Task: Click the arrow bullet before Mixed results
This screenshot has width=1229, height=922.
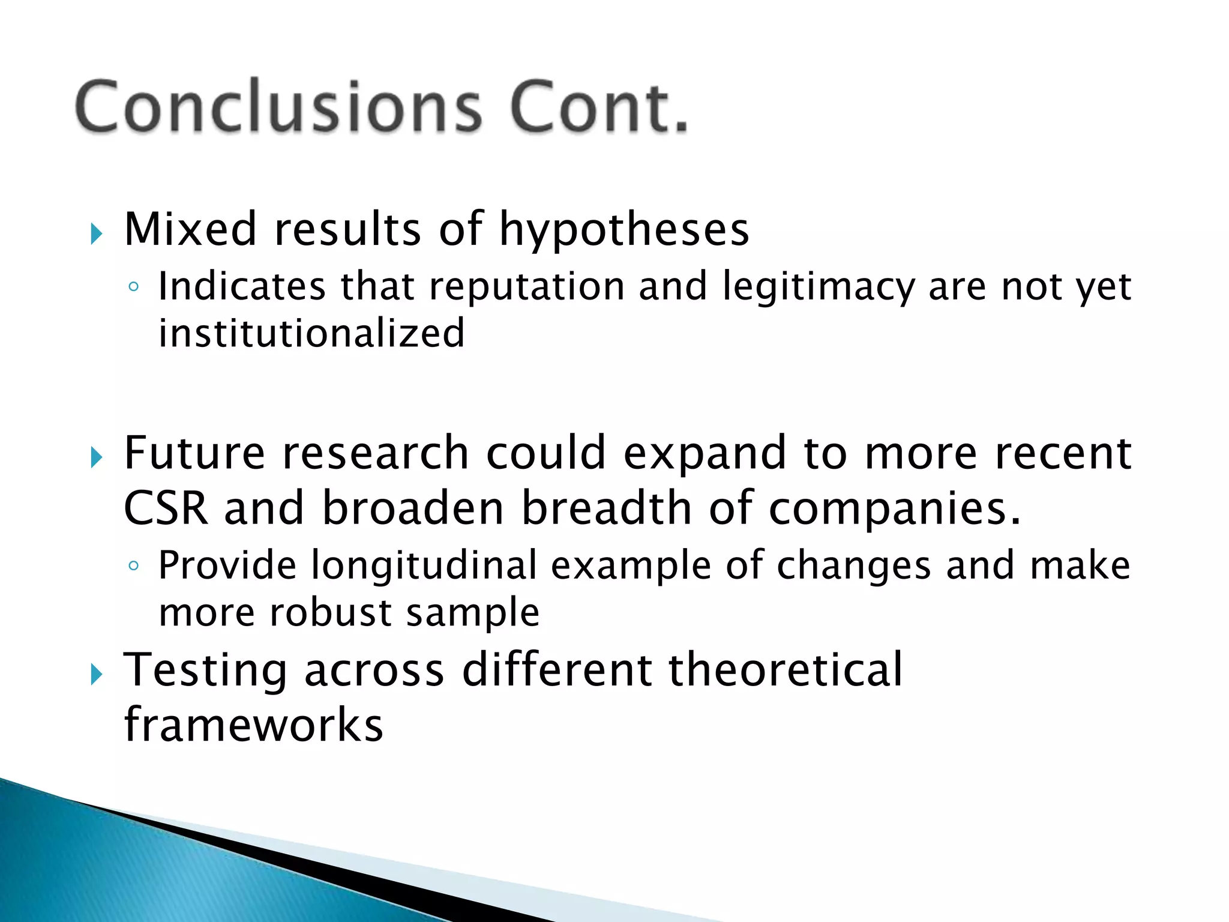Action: (x=97, y=234)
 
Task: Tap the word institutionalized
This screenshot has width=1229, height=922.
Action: (x=311, y=333)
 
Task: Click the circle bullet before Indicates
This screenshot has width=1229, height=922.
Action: (x=134, y=287)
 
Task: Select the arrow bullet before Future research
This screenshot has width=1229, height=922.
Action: (x=97, y=458)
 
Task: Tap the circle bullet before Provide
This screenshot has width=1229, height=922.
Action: (x=134, y=566)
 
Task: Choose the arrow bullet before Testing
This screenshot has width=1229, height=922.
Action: (x=97, y=675)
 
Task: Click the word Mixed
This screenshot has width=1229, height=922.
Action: (x=191, y=230)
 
